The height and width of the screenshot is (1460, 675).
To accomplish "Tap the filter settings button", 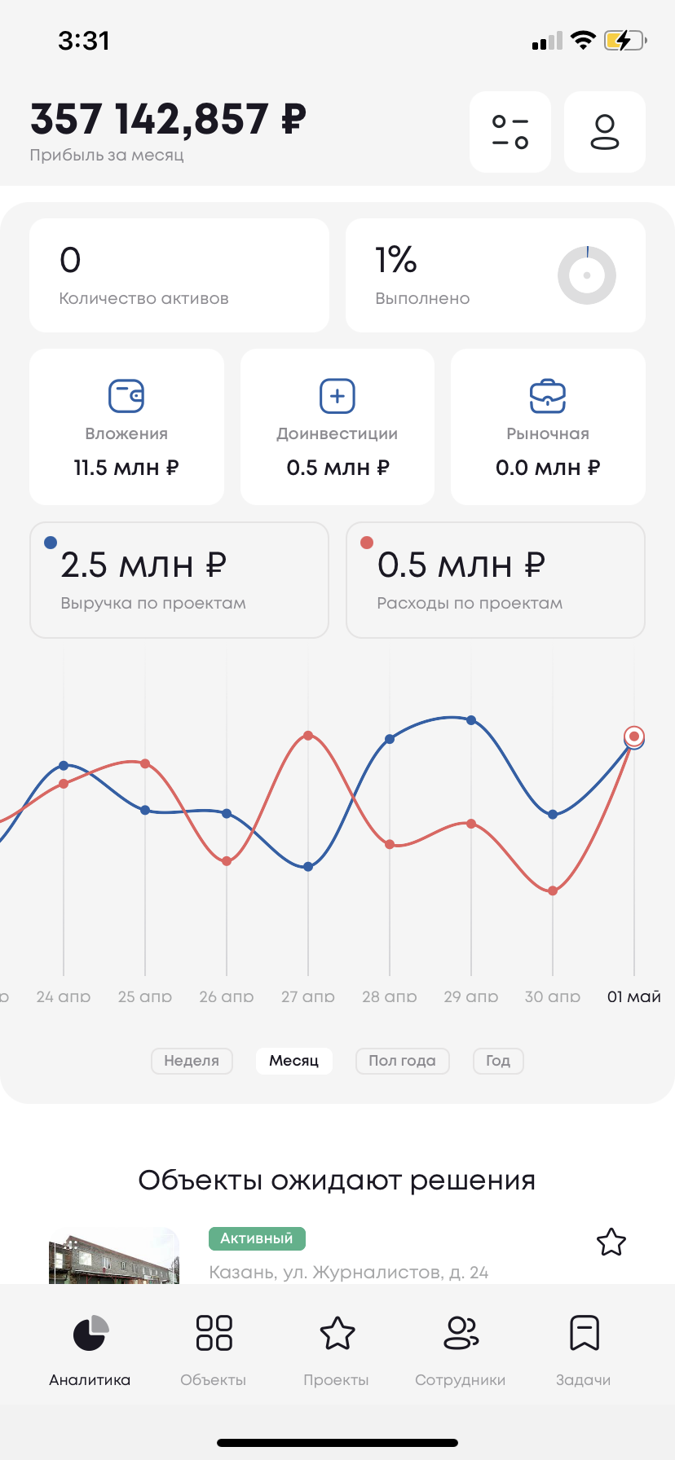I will (510, 132).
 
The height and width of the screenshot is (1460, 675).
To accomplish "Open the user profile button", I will (604, 132).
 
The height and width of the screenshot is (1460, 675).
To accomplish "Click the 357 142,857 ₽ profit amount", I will (168, 119).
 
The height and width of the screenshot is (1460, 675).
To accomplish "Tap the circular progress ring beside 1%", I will (586, 275).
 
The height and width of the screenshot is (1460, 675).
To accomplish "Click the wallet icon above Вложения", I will (126, 396).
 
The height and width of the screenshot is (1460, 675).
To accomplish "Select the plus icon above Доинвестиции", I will (337, 396).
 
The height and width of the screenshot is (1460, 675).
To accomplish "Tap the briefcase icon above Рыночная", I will (548, 396).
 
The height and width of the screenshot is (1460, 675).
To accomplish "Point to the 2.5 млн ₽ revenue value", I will (143, 565).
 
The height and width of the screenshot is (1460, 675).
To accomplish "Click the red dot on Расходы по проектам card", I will (367, 543).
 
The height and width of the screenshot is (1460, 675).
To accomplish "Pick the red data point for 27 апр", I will (308, 736).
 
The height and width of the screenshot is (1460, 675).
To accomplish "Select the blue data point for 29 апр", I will (471, 720).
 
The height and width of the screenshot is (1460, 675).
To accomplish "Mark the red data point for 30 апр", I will (553, 891).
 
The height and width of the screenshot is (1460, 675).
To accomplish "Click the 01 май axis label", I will (633, 996).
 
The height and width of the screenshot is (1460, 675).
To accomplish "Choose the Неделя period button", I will (192, 1061).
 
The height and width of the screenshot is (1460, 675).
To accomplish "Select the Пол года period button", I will (402, 1061).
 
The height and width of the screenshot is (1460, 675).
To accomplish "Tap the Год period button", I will (498, 1061).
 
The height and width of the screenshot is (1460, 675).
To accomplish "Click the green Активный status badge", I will (257, 1238).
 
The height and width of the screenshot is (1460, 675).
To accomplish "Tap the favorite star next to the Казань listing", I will (611, 1242).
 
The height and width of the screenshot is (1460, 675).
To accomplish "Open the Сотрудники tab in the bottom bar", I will (461, 1349).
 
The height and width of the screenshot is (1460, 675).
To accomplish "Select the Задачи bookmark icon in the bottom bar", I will (584, 1334).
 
